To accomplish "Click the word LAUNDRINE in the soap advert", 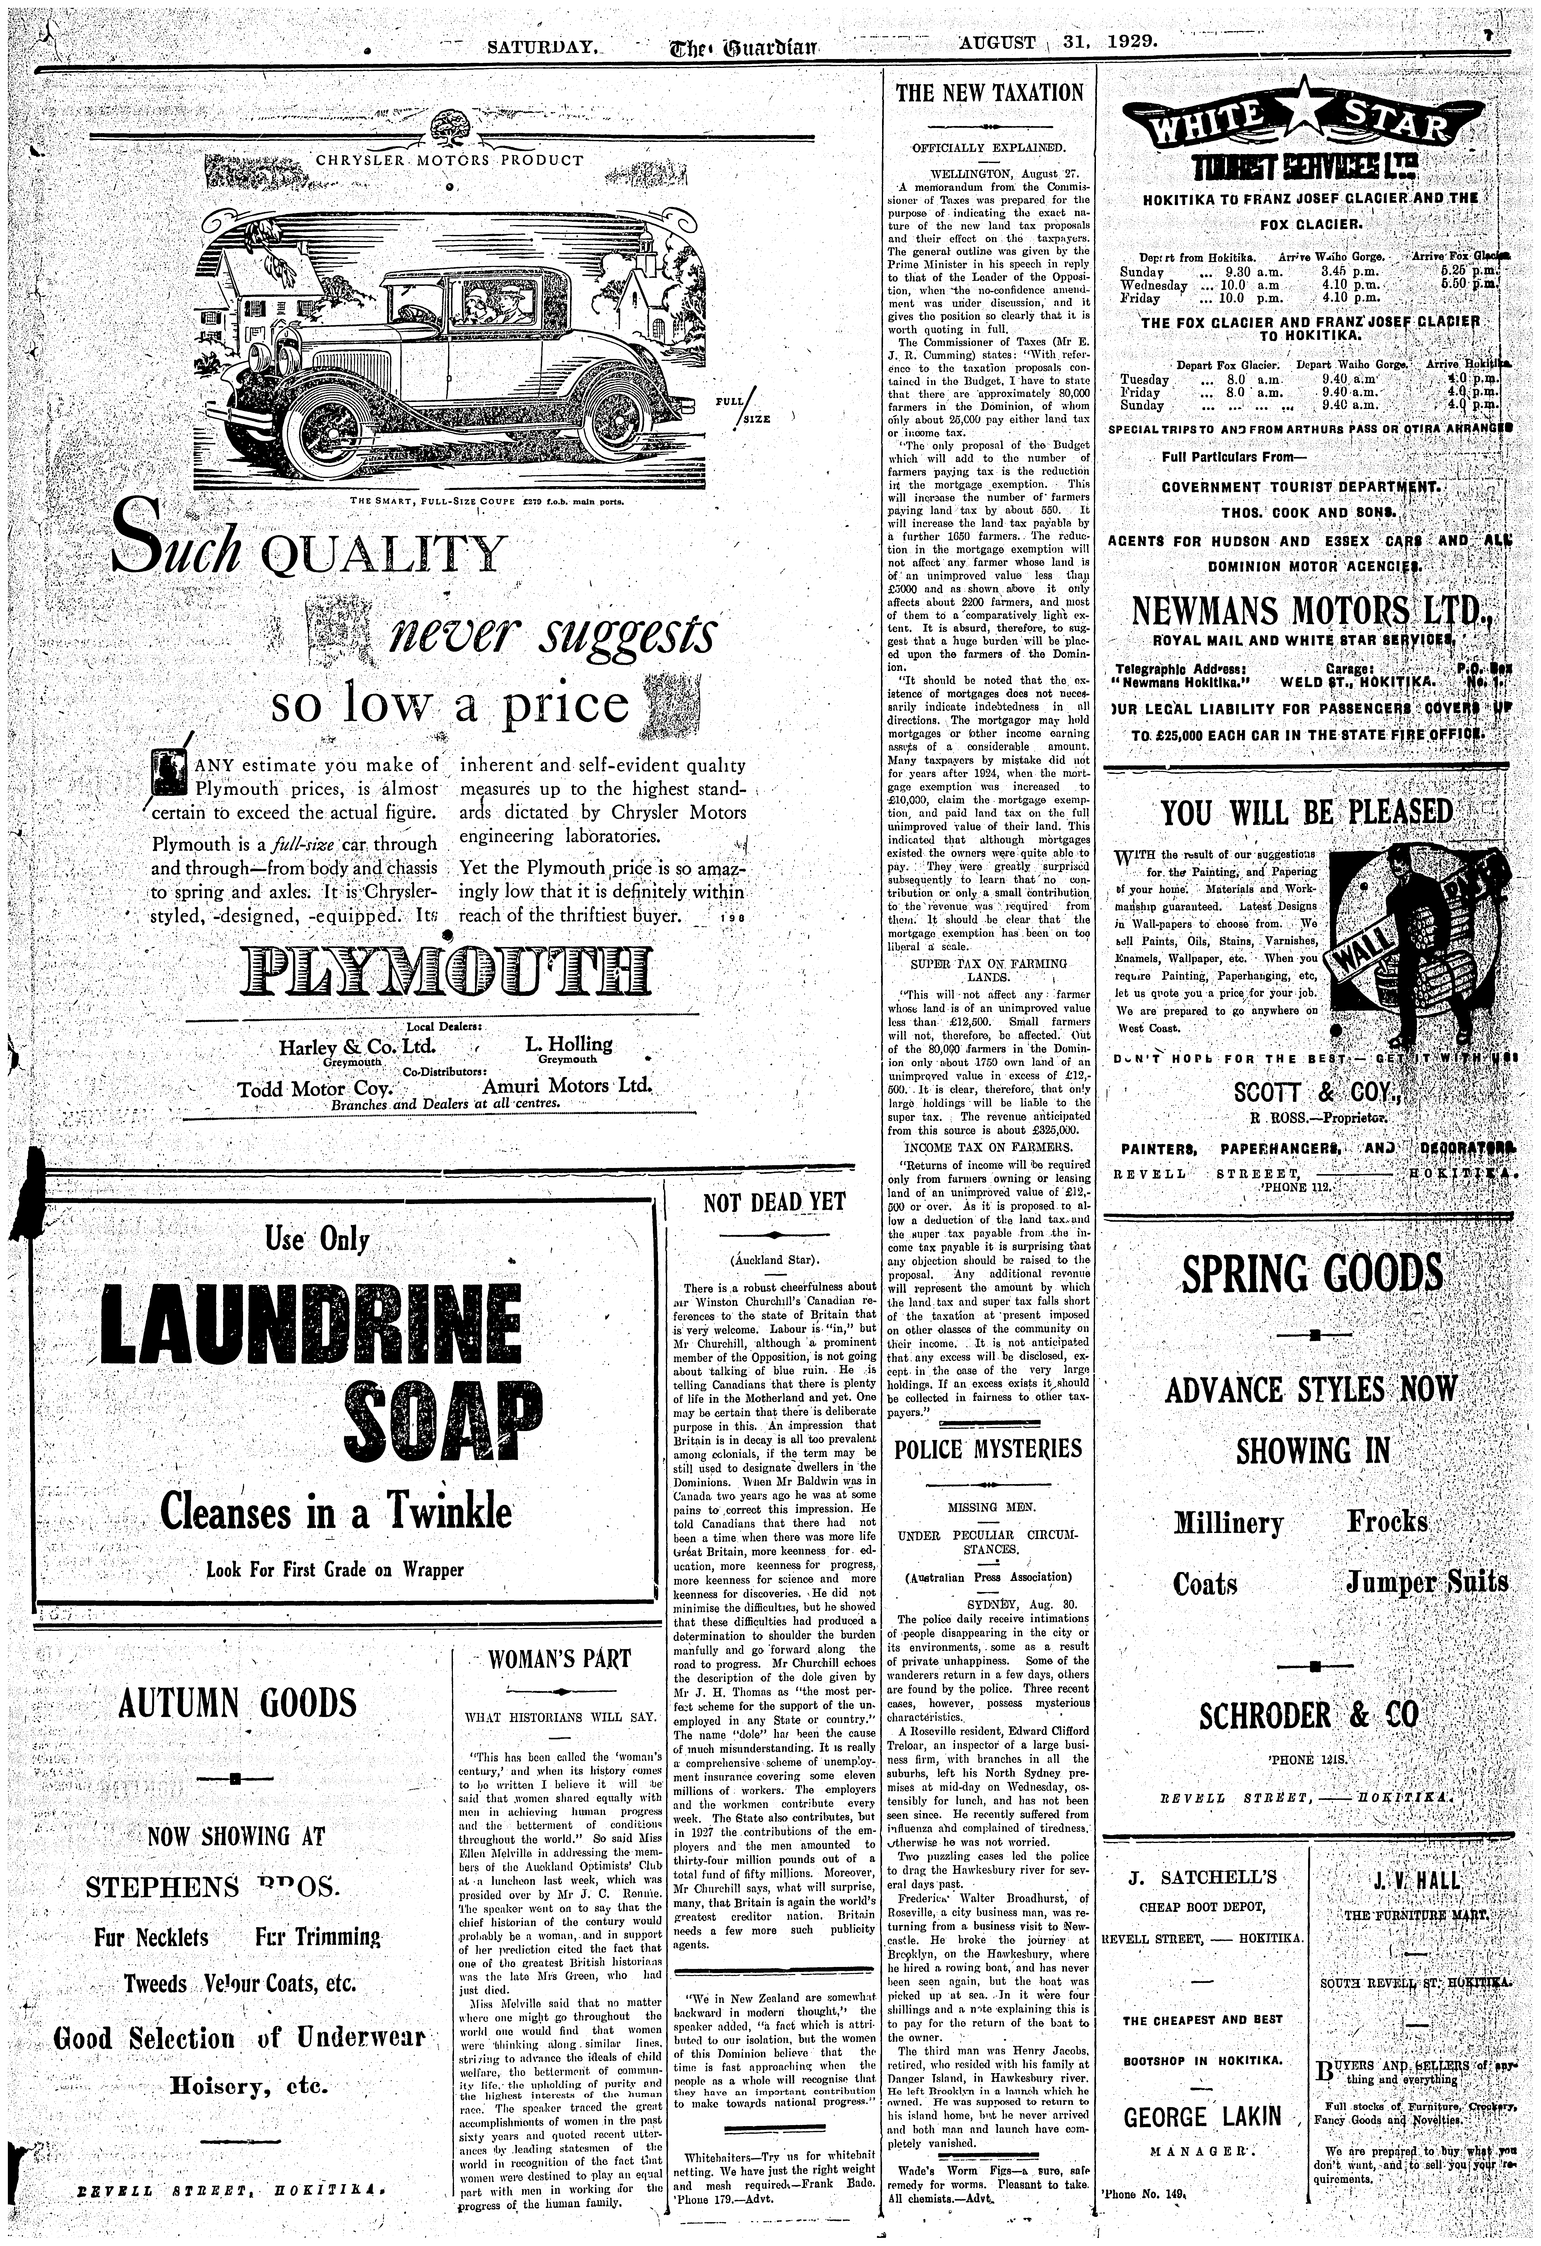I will click(311, 1324).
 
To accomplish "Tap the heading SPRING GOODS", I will click(1312, 1274).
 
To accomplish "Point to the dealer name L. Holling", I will click(569, 1044).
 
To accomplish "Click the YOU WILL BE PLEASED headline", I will click(1306, 812).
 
